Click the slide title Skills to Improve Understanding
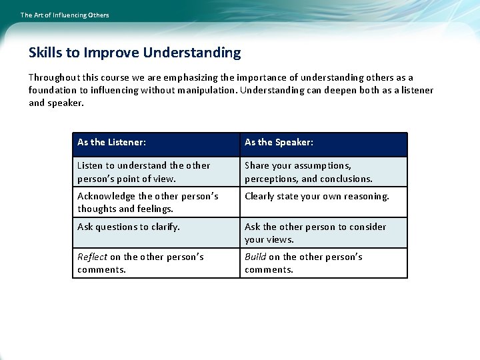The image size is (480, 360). click(135, 53)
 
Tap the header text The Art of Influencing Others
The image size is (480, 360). click(65, 15)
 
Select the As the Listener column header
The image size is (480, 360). click(112, 142)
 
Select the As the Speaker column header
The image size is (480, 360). click(279, 142)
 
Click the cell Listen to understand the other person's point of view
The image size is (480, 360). click(143, 172)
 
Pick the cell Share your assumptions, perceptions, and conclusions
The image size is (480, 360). click(308, 172)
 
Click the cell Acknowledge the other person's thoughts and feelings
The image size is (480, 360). click(147, 203)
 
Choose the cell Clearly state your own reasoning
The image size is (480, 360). click(317, 196)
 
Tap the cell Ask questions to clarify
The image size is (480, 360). click(129, 227)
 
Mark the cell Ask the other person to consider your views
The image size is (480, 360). click(315, 233)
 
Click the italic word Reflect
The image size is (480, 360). click(92, 257)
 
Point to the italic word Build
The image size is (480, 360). click(255, 257)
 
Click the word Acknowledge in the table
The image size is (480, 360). click(107, 196)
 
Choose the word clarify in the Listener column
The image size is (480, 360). click(164, 227)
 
